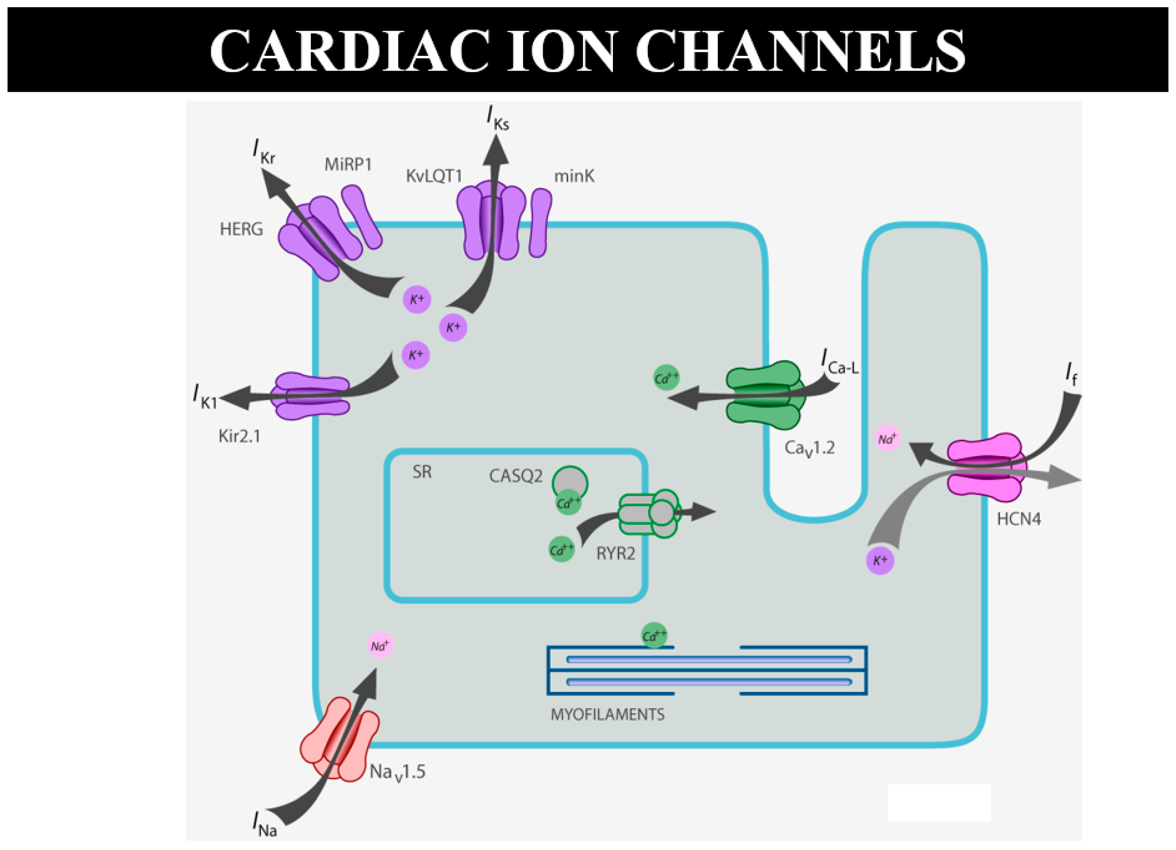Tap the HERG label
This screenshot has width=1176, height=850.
click(241, 229)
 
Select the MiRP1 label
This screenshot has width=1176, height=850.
click(348, 165)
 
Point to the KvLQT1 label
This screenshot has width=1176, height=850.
click(434, 177)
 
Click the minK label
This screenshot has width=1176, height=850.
click(574, 177)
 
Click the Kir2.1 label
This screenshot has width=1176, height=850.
click(239, 437)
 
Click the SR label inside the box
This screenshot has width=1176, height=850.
click(422, 472)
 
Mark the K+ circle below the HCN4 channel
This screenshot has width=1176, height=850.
click(880, 561)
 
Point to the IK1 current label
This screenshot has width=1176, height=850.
click(205, 397)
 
